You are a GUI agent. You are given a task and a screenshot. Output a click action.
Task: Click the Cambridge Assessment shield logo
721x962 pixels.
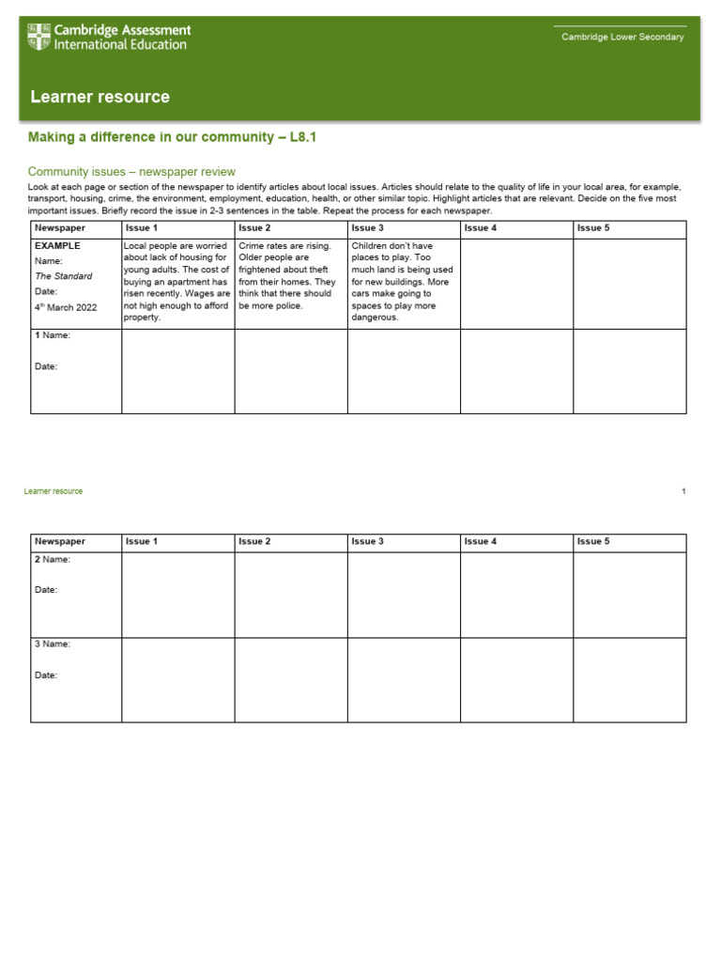(x=39, y=38)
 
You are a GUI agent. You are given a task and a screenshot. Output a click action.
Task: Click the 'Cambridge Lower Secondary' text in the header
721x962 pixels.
(x=622, y=38)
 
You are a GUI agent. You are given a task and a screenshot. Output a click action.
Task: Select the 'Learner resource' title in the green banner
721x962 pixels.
(x=100, y=97)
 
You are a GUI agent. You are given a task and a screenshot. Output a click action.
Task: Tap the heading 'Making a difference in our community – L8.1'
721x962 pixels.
(x=173, y=137)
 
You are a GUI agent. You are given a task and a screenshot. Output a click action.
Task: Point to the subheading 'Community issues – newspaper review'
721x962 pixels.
(x=131, y=172)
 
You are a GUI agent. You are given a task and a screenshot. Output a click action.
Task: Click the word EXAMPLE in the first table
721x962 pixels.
(x=57, y=246)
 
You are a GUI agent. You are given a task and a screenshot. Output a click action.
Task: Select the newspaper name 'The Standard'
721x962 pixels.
(x=64, y=276)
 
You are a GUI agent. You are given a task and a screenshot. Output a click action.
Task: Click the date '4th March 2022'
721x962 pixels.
(x=66, y=307)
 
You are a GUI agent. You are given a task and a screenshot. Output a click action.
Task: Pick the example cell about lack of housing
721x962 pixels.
(x=177, y=282)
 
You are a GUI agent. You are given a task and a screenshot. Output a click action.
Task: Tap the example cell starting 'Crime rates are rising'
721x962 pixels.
(x=289, y=276)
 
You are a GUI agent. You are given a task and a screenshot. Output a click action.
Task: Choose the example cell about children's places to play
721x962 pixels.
(x=403, y=282)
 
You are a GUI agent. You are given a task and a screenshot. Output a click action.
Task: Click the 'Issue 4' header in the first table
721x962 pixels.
(x=481, y=228)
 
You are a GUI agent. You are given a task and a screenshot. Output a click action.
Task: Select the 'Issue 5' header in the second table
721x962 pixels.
(x=593, y=541)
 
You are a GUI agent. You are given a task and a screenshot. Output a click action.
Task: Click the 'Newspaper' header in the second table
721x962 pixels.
(x=60, y=541)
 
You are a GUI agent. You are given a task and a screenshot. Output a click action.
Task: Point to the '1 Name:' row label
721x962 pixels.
(x=53, y=335)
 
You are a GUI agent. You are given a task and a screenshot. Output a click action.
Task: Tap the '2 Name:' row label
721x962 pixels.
(x=53, y=559)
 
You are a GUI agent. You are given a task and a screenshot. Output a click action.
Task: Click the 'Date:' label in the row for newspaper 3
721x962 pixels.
(x=47, y=675)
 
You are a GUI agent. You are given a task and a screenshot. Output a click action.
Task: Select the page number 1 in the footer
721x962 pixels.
(x=683, y=491)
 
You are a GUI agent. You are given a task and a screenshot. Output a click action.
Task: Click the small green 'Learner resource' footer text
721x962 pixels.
(x=54, y=491)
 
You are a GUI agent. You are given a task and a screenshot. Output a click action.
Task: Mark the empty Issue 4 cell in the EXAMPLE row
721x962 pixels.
(x=516, y=284)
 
